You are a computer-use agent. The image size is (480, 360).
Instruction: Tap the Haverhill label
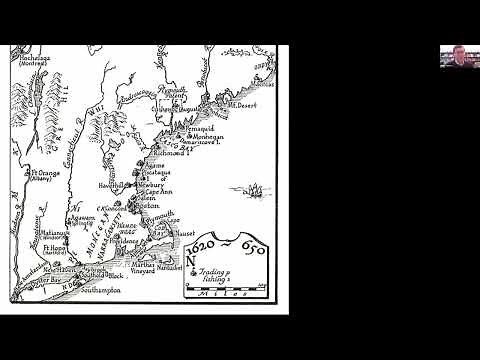[111, 185]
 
